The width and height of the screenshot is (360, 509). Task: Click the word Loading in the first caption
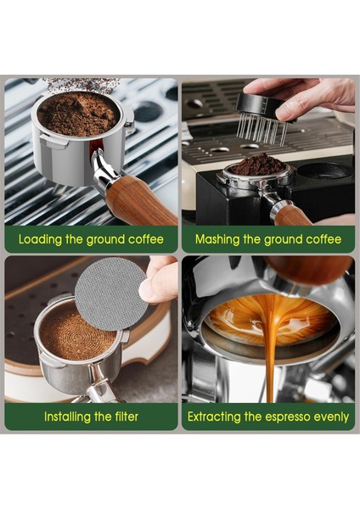coord(41,239)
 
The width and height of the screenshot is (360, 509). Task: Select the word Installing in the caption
coord(69,417)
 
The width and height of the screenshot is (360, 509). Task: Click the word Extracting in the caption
coord(216,417)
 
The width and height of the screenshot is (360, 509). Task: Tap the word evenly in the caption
coord(332,417)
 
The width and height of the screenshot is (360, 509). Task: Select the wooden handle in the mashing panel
coord(294,216)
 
